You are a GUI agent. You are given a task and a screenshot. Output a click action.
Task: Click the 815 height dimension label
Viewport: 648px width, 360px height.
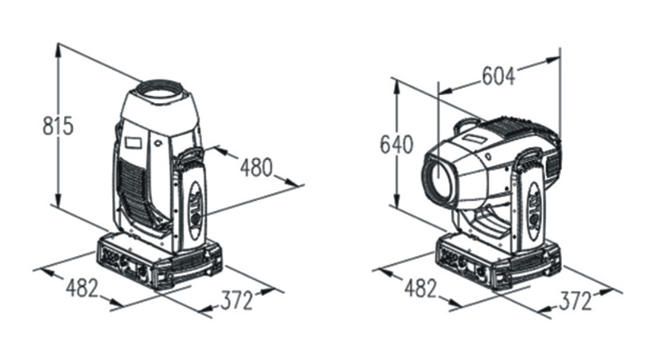pyautogui.click(x=57, y=126)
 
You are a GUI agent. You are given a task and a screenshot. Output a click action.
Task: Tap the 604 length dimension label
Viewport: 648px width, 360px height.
pyautogui.click(x=499, y=76)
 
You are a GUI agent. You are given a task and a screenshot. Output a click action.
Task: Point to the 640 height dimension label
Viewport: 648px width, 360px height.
pyautogui.click(x=396, y=145)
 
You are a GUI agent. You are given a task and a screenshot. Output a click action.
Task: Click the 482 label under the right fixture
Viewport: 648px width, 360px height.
pyautogui.click(x=420, y=289)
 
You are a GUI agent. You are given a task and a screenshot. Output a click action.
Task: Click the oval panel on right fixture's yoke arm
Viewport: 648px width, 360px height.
pyautogui.click(x=535, y=211)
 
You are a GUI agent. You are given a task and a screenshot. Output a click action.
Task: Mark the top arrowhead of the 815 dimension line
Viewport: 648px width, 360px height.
pyautogui.click(x=58, y=48)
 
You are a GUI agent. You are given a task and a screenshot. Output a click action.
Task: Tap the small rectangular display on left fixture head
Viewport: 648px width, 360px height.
pyautogui.click(x=134, y=142)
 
